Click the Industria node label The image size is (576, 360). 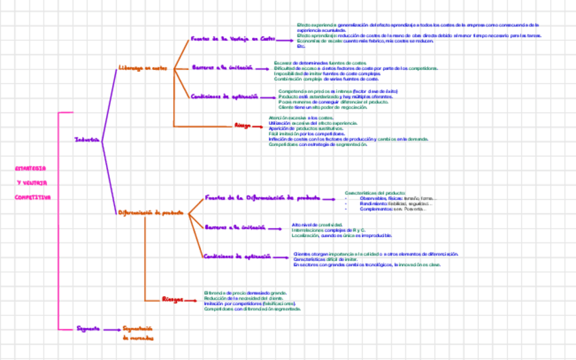coord(86,140)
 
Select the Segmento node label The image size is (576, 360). coord(88,329)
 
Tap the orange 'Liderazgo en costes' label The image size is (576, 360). coord(143,68)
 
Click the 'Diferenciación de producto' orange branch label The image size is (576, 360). coord(151,213)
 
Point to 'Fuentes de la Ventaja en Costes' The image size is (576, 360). coord(233,39)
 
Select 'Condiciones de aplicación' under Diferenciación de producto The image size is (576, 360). coord(237,257)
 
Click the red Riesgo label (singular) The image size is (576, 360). coord(242,126)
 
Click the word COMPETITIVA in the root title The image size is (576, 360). coord(33,198)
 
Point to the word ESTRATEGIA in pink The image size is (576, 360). coord(31,168)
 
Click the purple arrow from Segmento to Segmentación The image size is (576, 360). coord(111,329)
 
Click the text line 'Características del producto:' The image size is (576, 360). coord(375,192)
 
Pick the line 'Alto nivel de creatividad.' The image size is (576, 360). coord(317,224)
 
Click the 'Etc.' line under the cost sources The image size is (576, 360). coord(301,46)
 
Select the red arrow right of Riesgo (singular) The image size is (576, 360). coord(259,126)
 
